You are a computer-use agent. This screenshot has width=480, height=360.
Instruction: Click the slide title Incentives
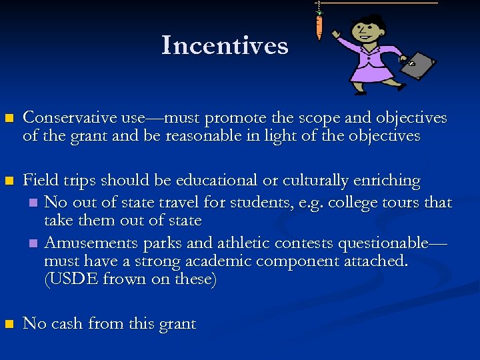(225, 45)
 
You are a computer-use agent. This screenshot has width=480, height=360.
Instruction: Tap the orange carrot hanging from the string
(319, 27)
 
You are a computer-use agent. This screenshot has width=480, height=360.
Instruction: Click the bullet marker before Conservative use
(9, 119)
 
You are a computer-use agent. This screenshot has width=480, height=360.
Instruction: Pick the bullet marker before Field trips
(9, 181)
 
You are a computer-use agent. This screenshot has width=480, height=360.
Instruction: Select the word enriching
(386, 181)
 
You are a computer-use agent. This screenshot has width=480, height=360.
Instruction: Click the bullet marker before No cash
(9, 325)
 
